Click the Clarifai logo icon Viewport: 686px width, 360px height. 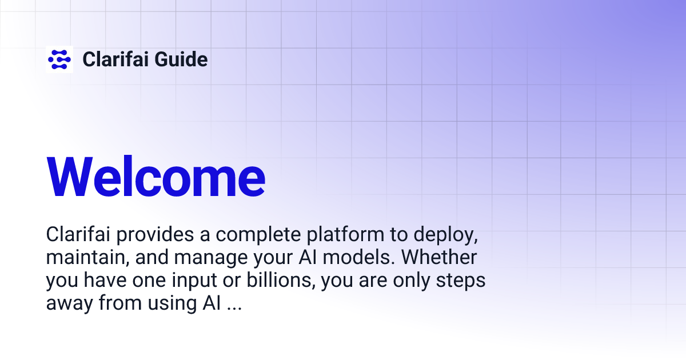59,59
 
